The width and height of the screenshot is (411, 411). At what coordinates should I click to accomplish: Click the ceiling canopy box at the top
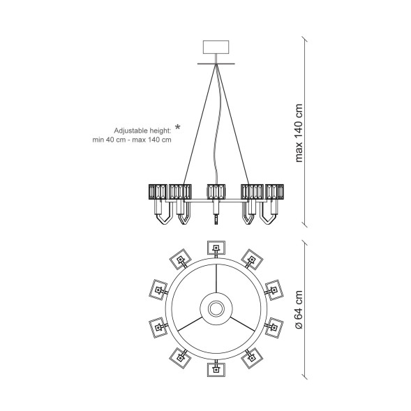click(x=216, y=47)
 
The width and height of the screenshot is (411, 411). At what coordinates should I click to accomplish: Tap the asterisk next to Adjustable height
click(x=178, y=128)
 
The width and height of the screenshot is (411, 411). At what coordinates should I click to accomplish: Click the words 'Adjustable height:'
click(x=142, y=130)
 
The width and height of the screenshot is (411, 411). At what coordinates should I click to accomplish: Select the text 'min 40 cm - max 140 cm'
click(x=132, y=140)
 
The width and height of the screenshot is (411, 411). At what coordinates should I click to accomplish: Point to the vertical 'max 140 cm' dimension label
click(x=299, y=133)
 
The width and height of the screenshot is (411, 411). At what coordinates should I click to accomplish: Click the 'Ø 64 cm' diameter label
click(x=299, y=310)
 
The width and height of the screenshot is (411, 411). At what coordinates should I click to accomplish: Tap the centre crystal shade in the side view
click(x=216, y=192)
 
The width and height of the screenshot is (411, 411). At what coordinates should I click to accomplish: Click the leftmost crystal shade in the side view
click(x=158, y=192)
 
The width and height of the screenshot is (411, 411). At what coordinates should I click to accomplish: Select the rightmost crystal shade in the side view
click(x=274, y=192)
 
